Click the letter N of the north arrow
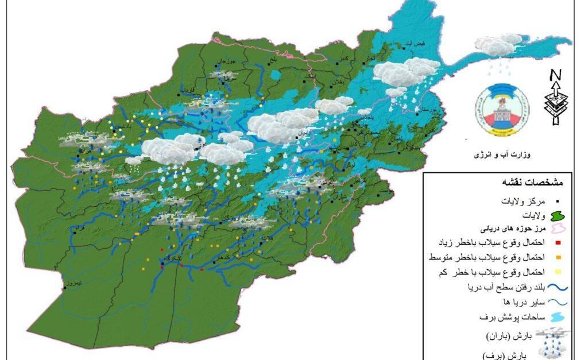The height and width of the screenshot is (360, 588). [555, 75]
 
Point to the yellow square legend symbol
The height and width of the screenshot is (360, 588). [557, 272]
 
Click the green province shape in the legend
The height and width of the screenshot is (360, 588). [556, 216]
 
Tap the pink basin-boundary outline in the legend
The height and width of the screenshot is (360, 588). [556, 229]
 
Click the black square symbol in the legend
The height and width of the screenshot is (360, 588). [557, 202]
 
